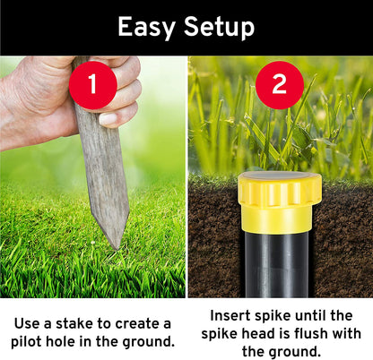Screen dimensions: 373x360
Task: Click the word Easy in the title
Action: pyautogui.click(x=146, y=28)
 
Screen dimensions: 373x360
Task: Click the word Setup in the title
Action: pyautogui.click(x=220, y=28)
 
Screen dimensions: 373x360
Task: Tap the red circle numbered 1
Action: pyautogui.click(x=93, y=85)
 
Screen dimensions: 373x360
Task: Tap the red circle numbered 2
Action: pyautogui.click(x=280, y=85)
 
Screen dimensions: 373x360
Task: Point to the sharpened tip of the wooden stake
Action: pyautogui.click(x=116, y=248)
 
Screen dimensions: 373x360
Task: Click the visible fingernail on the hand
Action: pyautogui.click(x=108, y=119)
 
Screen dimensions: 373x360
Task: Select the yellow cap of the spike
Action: pyautogui.click(x=280, y=201)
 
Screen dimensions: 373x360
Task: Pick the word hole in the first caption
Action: pyautogui.click(x=60, y=341)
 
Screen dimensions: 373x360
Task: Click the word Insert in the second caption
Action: pyautogui.click(x=230, y=315)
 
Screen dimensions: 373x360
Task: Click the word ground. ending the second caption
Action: pyautogui.click(x=294, y=352)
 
